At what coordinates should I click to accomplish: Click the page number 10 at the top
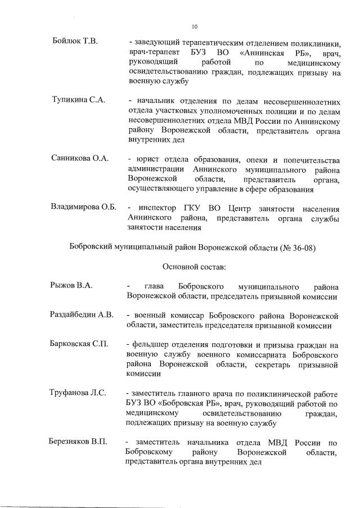[x=195, y=26]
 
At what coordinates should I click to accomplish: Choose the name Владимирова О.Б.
[x=83, y=207]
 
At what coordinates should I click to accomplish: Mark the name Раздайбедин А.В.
[x=82, y=314]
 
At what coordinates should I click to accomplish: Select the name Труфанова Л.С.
[x=78, y=392]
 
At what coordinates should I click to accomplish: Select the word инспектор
[x=165, y=207]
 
